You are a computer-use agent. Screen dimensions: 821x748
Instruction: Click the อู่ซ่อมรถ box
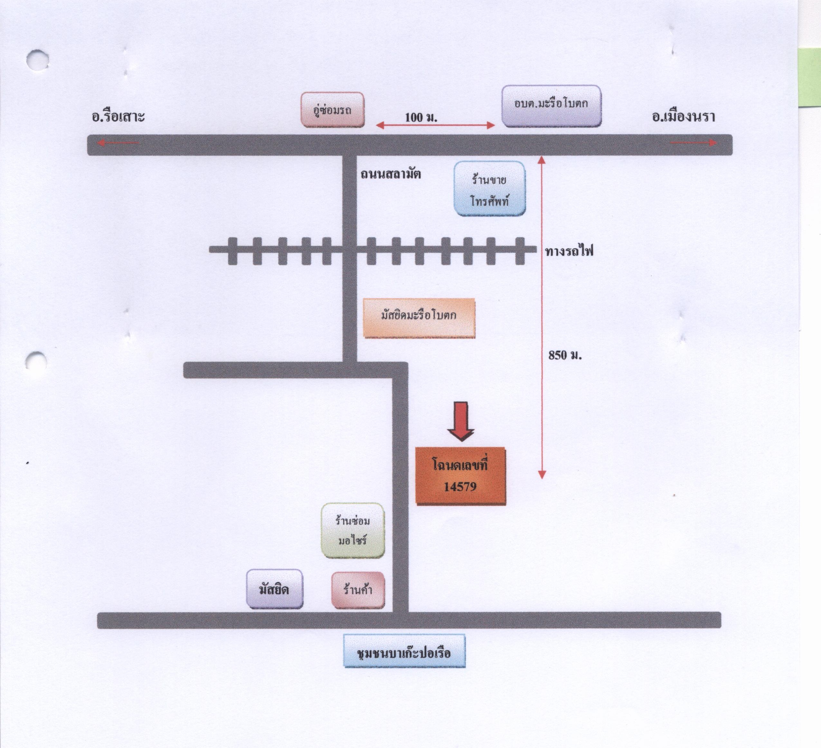coord(332,109)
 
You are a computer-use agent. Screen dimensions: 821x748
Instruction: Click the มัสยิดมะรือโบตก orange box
coord(419,318)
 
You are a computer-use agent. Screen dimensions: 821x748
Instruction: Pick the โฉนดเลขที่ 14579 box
coord(461,476)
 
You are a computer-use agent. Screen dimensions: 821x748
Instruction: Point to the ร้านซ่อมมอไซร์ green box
coord(353,530)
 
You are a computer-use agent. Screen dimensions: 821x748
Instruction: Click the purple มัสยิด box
coord(275,589)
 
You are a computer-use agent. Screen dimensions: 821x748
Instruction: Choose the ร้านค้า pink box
coord(358,590)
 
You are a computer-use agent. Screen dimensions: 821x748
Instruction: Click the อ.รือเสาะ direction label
coord(118,117)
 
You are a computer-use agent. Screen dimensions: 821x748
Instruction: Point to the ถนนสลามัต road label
coord(391,174)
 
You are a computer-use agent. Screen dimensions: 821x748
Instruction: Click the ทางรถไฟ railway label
coord(569,251)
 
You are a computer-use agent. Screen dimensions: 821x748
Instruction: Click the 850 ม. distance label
coord(565,355)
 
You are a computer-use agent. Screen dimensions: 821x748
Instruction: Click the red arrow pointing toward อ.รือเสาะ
coord(118,143)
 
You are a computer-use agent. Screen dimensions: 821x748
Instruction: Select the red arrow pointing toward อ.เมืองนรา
coord(694,143)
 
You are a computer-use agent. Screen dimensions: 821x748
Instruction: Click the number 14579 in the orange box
coord(460,487)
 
